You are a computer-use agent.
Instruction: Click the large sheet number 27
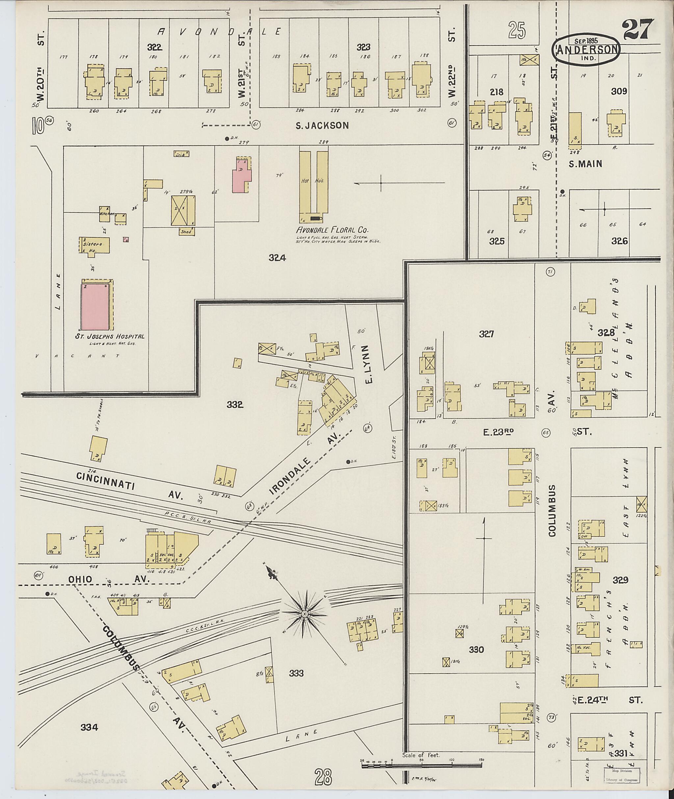pos(636,30)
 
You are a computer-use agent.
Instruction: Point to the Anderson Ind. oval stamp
pos(586,49)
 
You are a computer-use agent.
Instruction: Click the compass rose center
pos(304,614)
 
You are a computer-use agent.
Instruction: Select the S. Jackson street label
pos(323,125)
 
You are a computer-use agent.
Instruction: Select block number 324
pos(277,258)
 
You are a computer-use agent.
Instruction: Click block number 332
pos(235,405)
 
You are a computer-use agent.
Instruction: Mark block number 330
pos(477,650)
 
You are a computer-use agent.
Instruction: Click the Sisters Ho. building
pos(94,245)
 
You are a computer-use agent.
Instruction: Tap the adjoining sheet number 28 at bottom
pos(323,776)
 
